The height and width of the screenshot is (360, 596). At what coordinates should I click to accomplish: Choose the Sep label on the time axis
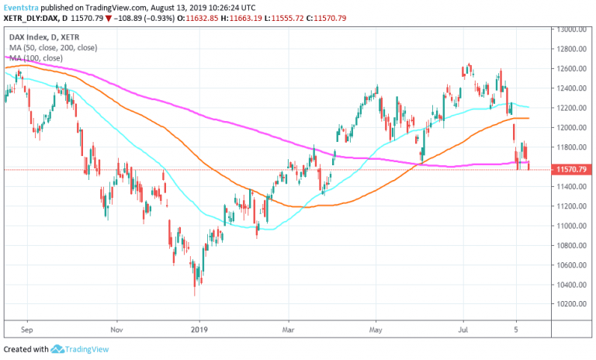(x=27, y=329)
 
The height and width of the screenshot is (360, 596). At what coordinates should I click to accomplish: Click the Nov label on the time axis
(x=116, y=329)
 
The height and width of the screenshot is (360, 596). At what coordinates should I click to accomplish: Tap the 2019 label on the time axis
(x=200, y=329)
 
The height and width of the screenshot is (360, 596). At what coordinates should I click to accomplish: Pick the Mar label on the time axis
(x=288, y=329)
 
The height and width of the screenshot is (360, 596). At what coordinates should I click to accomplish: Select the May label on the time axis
(x=376, y=329)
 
